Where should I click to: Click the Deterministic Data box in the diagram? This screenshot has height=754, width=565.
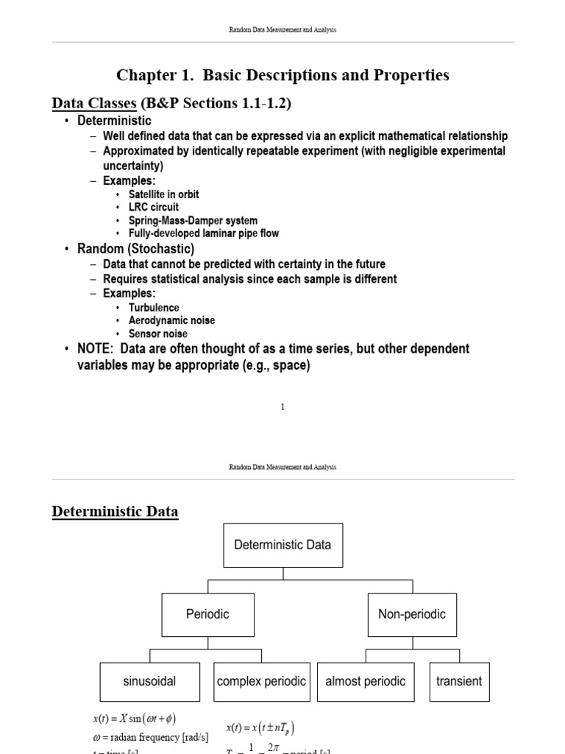click(282, 546)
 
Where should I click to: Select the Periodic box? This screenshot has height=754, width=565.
click(208, 614)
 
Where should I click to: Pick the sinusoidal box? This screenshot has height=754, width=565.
click(149, 681)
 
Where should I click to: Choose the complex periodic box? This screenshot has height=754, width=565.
click(262, 681)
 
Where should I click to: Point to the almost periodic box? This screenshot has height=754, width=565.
click(366, 681)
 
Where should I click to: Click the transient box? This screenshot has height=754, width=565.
click(459, 681)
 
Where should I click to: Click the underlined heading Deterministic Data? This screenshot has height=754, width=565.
click(115, 511)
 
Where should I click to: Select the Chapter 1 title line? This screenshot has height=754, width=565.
click(282, 75)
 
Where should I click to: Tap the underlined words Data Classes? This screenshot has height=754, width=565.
click(93, 104)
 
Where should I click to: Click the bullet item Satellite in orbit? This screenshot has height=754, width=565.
click(163, 194)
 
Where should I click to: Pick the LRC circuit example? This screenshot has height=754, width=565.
click(153, 207)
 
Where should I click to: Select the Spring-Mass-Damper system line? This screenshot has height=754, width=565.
click(193, 220)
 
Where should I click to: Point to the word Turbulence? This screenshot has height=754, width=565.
click(154, 308)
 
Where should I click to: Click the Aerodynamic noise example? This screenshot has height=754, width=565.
click(171, 321)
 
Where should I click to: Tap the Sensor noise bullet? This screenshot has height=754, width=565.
click(157, 334)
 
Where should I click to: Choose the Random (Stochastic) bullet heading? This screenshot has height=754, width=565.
click(135, 249)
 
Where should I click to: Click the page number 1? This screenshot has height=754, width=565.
click(282, 407)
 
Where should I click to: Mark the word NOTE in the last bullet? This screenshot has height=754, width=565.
click(96, 348)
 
